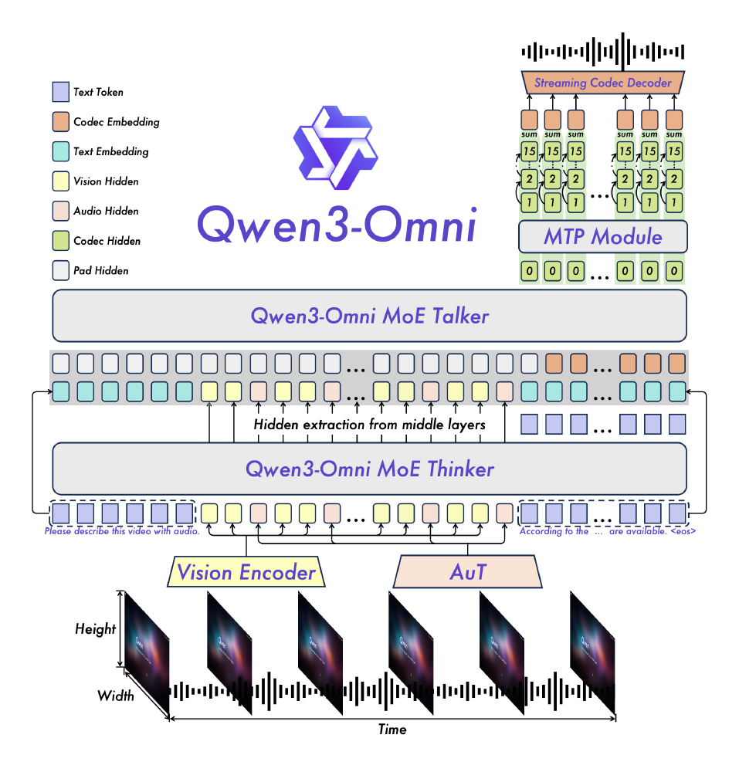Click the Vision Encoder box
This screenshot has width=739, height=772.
(246, 572)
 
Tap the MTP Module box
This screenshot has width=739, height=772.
(602, 236)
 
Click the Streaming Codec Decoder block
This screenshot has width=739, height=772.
(602, 83)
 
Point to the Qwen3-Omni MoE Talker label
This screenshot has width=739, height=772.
(369, 316)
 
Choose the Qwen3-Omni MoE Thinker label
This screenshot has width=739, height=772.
(369, 469)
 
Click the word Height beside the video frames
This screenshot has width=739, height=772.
(95, 629)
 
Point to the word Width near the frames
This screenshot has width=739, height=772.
(115, 696)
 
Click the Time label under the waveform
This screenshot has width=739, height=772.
(392, 730)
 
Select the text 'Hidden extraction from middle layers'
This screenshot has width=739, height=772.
(369, 425)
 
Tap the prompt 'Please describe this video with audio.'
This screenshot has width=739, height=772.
(122, 531)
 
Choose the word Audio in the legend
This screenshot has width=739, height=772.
(86, 211)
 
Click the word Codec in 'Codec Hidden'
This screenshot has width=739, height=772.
(88, 241)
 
